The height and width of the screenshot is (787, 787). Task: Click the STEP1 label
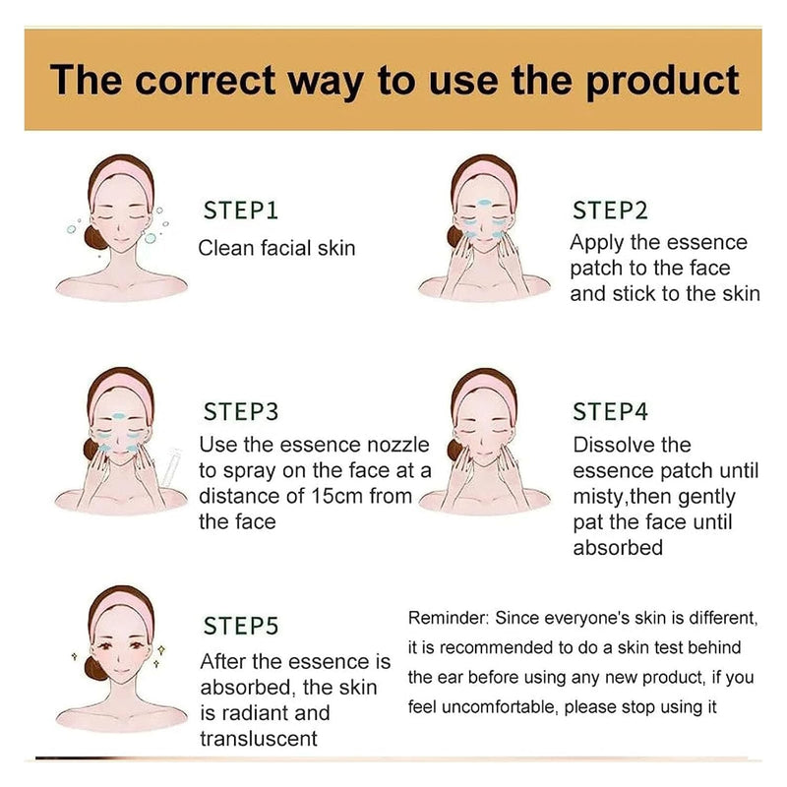pyautogui.click(x=240, y=211)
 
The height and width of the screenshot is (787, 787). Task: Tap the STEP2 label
pyautogui.click(x=611, y=211)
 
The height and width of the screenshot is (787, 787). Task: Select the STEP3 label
pyautogui.click(x=240, y=411)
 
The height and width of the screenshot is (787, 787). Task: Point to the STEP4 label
pyautogui.click(x=611, y=411)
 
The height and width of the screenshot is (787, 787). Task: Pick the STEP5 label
pyautogui.click(x=240, y=626)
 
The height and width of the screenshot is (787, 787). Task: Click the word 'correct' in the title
pyautogui.click(x=205, y=80)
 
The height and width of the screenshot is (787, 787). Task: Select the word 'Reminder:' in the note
pyautogui.click(x=449, y=618)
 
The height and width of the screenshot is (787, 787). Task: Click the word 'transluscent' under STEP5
pyautogui.click(x=259, y=738)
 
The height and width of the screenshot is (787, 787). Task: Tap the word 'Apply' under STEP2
pyautogui.click(x=597, y=243)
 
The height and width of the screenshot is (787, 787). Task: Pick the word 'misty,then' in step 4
pyautogui.click(x=624, y=497)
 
